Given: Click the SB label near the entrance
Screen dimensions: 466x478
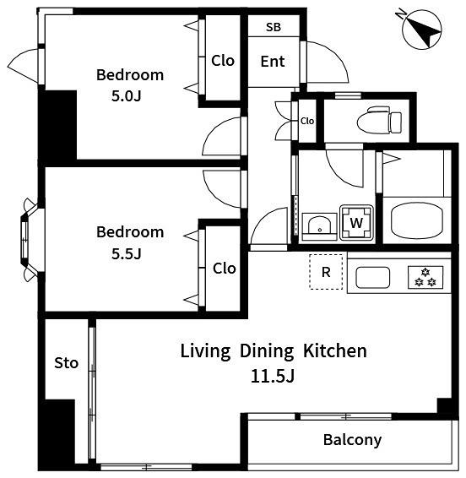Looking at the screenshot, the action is [x=273, y=27].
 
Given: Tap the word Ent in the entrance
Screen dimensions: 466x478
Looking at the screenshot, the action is [x=273, y=62].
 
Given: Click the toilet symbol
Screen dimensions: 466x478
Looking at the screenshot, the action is [x=379, y=120].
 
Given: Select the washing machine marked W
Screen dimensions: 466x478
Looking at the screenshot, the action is [x=356, y=223].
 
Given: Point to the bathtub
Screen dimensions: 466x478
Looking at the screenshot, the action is [x=417, y=220].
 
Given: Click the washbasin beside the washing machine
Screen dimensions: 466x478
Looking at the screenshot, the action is [x=319, y=227].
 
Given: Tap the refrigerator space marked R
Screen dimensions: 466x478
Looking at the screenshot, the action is [x=326, y=272].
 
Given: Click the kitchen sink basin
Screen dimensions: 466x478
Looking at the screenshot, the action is [x=372, y=277].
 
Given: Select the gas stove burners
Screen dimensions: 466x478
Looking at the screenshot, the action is [x=425, y=277].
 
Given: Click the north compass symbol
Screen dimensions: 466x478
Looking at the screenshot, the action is [x=421, y=30].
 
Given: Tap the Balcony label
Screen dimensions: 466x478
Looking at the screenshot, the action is [x=352, y=440].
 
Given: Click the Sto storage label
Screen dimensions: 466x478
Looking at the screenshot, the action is [x=66, y=363].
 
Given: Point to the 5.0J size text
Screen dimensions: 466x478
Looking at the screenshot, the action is [x=126, y=96].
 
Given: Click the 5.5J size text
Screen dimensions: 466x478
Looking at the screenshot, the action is [x=126, y=253].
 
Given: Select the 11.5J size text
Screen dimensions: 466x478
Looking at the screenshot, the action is [x=273, y=377].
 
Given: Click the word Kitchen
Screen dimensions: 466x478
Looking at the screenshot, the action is [x=335, y=350].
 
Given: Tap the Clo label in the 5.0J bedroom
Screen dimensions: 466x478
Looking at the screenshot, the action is [x=223, y=61].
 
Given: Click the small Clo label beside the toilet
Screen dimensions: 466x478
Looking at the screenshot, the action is [x=307, y=121].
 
